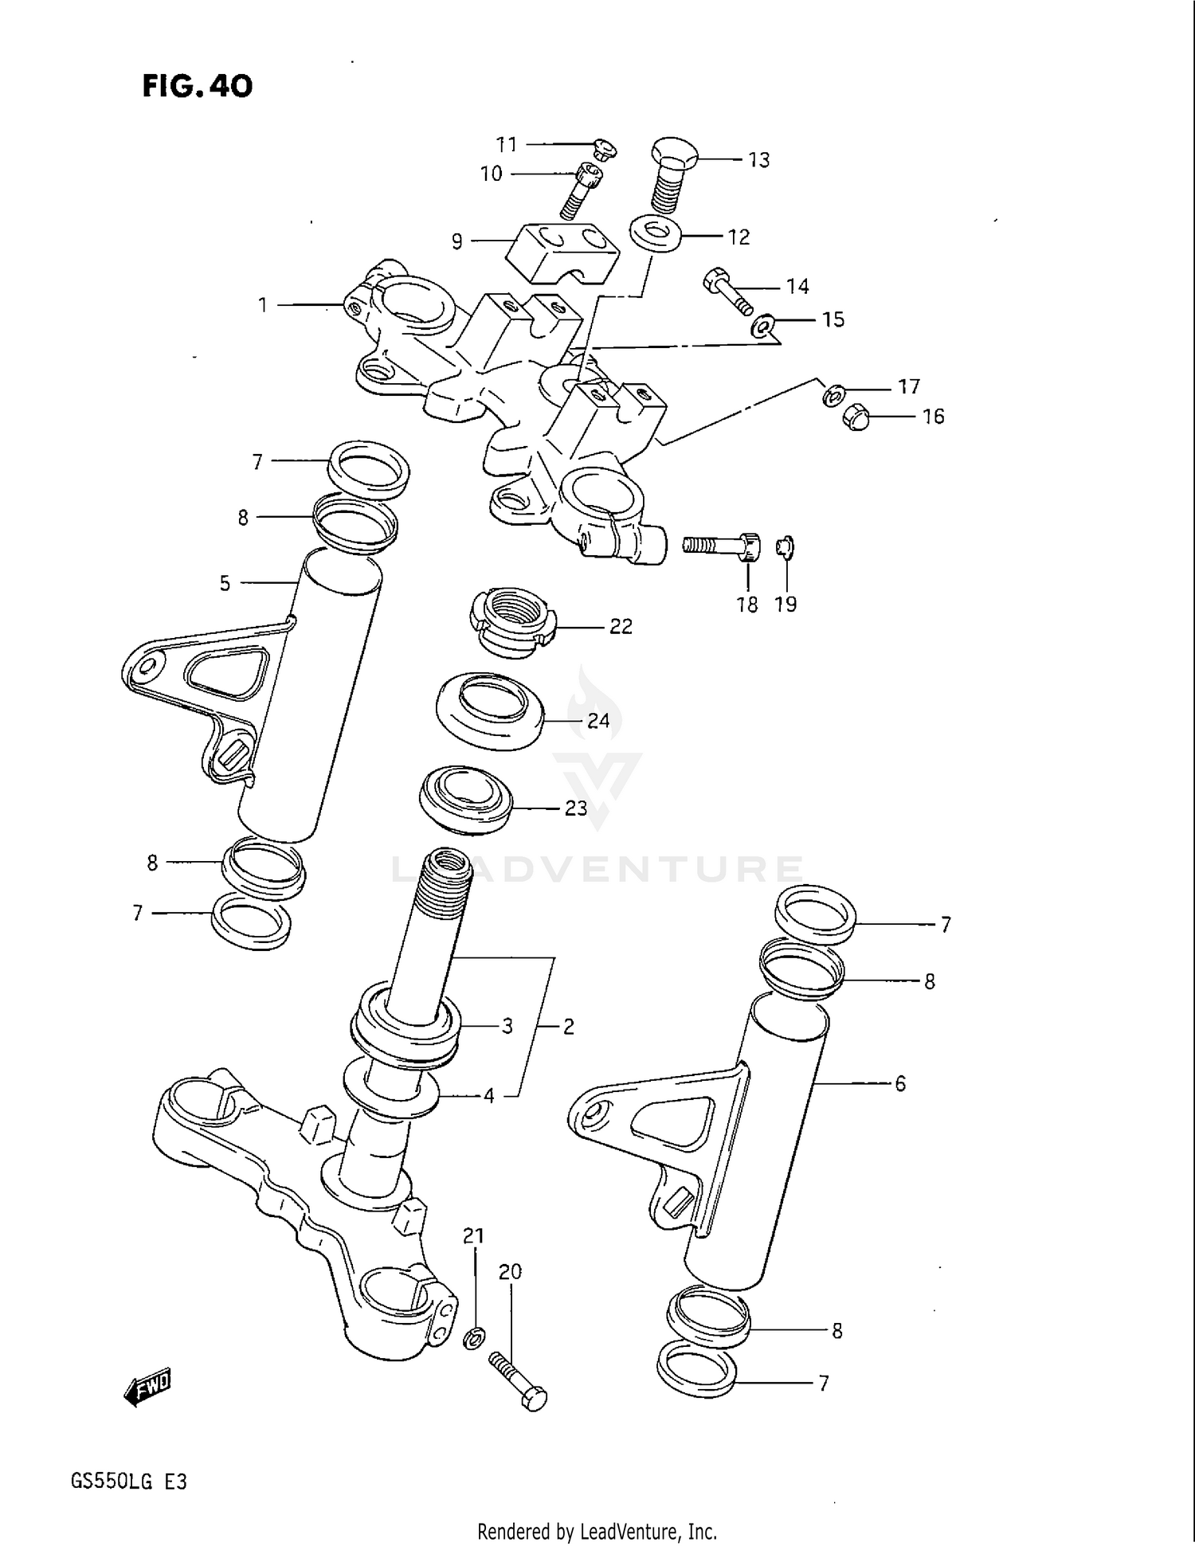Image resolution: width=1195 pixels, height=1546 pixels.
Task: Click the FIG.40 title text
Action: coord(198,86)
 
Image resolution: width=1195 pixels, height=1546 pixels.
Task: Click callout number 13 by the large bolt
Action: coord(758,160)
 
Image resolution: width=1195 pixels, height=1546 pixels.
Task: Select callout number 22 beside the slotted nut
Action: coord(621,627)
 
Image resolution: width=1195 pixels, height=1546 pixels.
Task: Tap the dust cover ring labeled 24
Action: coord(489,710)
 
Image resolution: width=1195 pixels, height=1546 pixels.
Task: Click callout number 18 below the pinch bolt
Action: coord(746,605)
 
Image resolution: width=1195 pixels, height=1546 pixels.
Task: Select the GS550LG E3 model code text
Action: coord(128,1481)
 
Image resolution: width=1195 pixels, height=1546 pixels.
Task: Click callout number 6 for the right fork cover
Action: coord(900,1083)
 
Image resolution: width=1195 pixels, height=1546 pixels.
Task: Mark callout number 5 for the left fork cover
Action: coord(225,583)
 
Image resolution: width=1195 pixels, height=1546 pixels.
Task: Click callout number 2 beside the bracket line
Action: coord(568,1027)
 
